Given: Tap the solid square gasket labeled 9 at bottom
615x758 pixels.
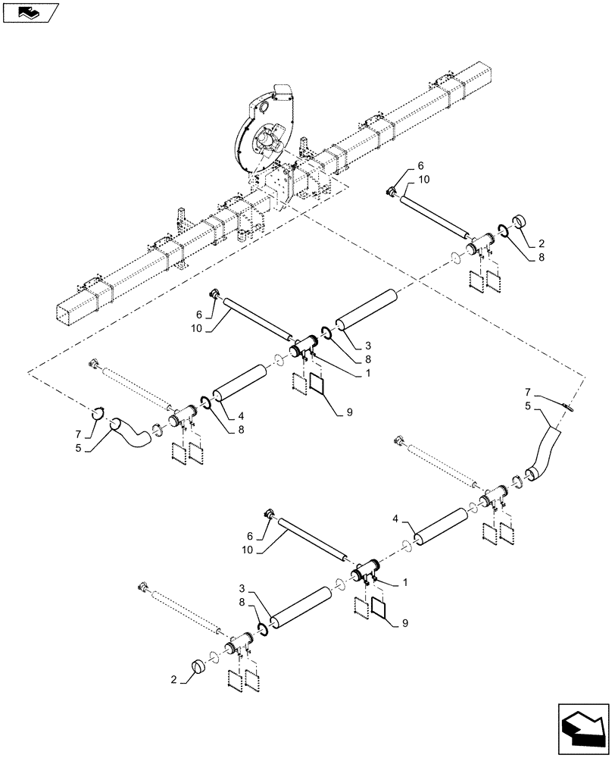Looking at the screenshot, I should tap(380, 608).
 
